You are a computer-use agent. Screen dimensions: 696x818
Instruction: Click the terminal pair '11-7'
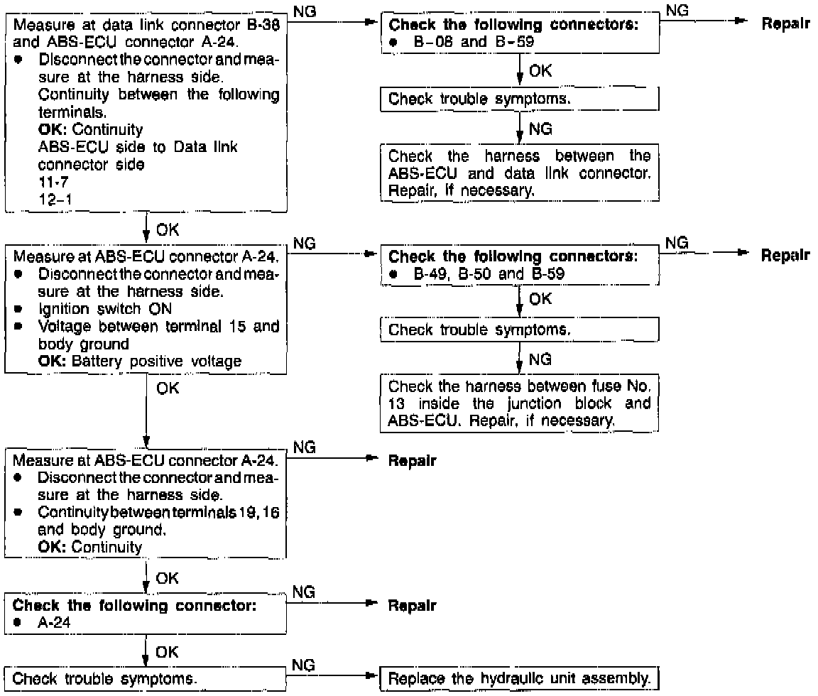pos(50,182)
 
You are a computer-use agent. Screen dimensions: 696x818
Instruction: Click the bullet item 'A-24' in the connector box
pos(50,623)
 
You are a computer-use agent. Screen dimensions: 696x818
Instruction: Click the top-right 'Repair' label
pos(785,22)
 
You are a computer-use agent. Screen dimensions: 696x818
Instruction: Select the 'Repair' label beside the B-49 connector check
pos(785,254)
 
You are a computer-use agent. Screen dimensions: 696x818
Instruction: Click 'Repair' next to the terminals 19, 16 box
pos(412,461)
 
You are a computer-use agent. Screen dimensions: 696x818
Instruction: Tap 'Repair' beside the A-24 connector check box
pos(412,606)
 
